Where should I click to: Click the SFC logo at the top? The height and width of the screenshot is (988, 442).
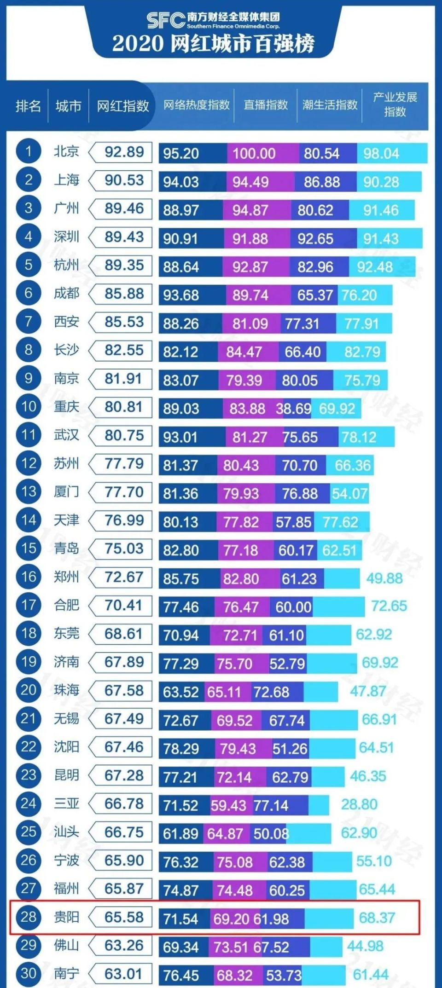pyautogui.click(x=166, y=20)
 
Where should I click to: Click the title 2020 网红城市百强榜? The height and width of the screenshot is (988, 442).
pyautogui.click(x=213, y=44)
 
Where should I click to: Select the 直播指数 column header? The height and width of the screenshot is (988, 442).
pyautogui.click(x=266, y=105)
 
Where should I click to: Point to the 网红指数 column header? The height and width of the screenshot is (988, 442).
pyautogui.click(x=122, y=106)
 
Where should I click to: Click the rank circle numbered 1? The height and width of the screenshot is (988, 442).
pyautogui.click(x=29, y=151)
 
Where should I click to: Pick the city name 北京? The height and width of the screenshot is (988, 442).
pyautogui.click(x=67, y=151)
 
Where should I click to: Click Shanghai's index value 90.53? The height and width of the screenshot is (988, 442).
pyautogui.click(x=124, y=180)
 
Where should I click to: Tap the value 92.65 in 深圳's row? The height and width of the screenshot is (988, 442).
pyautogui.click(x=315, y=238)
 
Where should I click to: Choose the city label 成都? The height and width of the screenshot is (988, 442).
pyautogui.click(x=67, y=293)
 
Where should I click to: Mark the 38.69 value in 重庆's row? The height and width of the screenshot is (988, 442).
pyautogui.click(x=293, y=408)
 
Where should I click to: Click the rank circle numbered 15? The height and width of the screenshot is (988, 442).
pyautogui.click(x=29, y=548)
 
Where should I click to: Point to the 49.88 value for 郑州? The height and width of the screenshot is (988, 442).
pyautogui.click(x=384, y=578)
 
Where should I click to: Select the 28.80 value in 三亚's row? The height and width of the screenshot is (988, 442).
pyautogui.click(x=359, y=804)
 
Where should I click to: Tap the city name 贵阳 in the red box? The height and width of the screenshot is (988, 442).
pyautogui.click(x=67, y=917)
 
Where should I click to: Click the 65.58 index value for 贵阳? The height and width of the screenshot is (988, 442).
pyautogui.click(x=124, y=917)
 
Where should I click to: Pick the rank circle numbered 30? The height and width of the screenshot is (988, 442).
pyautogui.click(x=29, y=974)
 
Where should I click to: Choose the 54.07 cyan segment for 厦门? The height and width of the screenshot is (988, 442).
pyautogui.click(x=349, y=493)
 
